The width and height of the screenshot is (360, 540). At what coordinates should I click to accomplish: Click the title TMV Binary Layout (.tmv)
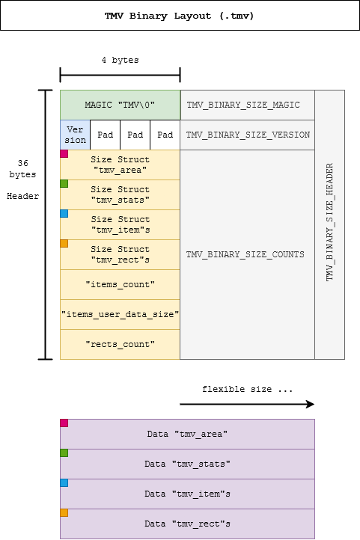(180, 15)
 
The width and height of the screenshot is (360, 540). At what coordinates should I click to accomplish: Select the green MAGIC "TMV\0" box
(120, 105)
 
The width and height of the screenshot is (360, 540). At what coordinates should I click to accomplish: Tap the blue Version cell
(75, 135)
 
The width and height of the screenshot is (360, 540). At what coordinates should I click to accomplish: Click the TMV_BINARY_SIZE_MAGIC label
(242, 105)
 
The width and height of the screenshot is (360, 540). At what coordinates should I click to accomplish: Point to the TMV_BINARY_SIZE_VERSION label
(247, 135)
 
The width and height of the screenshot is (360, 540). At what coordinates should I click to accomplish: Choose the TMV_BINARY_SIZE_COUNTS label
(245, 254)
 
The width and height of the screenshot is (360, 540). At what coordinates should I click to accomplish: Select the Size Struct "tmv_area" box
(120, 165)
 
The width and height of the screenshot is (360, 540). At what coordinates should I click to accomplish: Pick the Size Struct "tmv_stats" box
(120, 194)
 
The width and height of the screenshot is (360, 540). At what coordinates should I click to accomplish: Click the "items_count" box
(120, 284)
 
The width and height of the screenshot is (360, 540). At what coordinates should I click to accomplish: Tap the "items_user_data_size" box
(120, 314)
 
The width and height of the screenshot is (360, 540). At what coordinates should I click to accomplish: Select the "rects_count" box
(120, 344)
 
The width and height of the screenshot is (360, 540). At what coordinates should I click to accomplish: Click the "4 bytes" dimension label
(120, 60)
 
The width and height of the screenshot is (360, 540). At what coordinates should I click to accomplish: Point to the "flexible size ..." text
(247, 390)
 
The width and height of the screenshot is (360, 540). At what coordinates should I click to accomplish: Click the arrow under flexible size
(247, 404)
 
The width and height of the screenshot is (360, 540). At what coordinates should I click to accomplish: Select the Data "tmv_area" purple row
(187, 434)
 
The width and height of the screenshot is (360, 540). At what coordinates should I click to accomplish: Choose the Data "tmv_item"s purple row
(187, 494)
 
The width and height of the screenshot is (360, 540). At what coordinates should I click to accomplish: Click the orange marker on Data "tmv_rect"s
(64, 513)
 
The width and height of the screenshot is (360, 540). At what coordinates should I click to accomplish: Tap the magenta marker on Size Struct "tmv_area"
(64, 154)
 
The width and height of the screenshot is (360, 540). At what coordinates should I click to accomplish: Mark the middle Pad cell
(135, 135)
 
